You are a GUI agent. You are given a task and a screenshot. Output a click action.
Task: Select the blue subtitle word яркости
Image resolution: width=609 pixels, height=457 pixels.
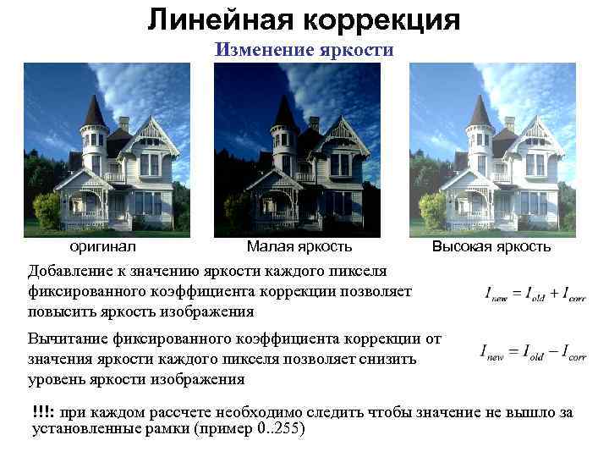tap(354, 49)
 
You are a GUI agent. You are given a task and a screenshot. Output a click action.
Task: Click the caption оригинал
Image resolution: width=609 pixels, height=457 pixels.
tap(102, 247)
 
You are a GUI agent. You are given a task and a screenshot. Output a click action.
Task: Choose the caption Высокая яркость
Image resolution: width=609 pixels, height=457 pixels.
tap(491, 247)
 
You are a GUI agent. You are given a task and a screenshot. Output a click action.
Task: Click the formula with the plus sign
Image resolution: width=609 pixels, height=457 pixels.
tap(535, 295)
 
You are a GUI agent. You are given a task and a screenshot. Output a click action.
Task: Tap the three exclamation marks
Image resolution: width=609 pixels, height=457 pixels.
tap(43, 412)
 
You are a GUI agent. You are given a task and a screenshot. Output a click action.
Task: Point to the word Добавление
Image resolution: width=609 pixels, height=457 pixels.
tap(73, 271)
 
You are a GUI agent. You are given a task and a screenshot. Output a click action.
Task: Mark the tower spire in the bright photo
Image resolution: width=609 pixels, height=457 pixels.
tap(480, 109)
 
